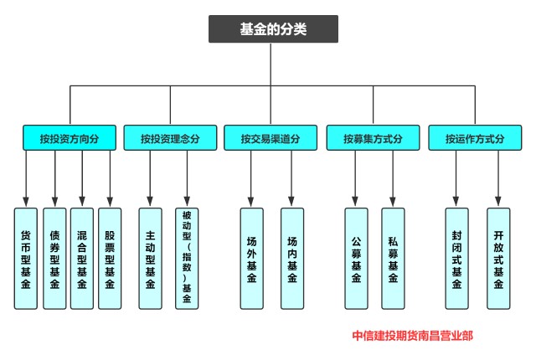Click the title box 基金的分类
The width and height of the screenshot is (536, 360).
pos(273,29)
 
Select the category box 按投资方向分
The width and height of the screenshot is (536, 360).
pos(69,138)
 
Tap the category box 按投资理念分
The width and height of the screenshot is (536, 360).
pos(170,138)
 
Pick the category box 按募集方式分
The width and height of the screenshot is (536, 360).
pos(372,138)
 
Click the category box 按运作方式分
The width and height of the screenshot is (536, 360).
pos(474,138)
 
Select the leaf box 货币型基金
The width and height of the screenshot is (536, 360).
pos(26,258)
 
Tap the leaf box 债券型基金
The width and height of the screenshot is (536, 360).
pos(54,258)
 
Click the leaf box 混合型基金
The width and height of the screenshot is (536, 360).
pos(82,258)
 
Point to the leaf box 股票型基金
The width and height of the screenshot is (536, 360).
pos(110,258)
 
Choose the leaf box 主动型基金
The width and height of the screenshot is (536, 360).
pos(151,258)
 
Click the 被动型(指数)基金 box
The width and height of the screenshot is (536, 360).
pos(187,258)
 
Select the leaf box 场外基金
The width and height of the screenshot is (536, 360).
pos(251,258)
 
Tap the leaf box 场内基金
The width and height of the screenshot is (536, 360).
pos(291,258)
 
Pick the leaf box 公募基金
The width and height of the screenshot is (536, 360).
pos(356,258)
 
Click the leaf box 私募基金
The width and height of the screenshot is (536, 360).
pos(393,258)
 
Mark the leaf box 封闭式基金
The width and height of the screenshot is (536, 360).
pos(457,258)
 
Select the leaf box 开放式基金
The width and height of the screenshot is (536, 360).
pos(498,258)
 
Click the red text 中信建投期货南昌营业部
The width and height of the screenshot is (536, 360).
pos(412,336)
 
